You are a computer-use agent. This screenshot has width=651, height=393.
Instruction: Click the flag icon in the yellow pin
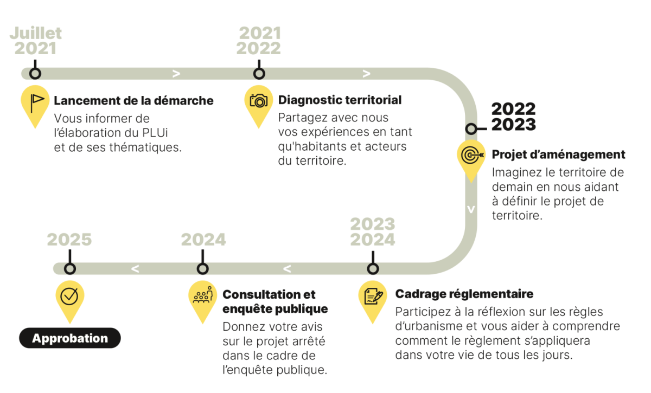click(37, 104)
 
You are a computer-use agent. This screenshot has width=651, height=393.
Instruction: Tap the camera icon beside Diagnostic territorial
click(258, 101)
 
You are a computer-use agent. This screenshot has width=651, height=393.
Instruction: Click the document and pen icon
click(373, 297)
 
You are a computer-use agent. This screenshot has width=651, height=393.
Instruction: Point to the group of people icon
click(203, 294)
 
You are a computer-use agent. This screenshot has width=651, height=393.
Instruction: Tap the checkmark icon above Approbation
click(69, 297)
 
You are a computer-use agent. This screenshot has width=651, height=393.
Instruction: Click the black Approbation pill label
click(70, 338)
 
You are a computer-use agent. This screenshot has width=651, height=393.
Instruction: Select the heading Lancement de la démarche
click(133, 100)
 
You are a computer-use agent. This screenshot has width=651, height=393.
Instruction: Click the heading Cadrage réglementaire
click(464, 294)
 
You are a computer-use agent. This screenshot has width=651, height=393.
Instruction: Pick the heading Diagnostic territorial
click(340, 100)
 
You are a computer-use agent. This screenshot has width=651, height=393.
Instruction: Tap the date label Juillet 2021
click(35, 41)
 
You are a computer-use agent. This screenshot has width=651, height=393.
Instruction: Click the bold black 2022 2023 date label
click(514, 117)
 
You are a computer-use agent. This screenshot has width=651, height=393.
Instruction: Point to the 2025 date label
click(69, 240)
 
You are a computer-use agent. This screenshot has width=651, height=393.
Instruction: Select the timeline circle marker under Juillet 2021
click(35, 74)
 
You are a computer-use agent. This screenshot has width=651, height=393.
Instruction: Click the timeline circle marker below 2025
click(70, 269)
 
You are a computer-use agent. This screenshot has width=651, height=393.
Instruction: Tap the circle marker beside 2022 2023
click(471, 128)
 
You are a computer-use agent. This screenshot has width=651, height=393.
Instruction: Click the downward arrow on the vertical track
click(471, 209)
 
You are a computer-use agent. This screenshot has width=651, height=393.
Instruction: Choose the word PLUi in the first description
click(155, 133)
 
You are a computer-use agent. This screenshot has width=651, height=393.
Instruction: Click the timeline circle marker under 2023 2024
click(373, 269)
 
